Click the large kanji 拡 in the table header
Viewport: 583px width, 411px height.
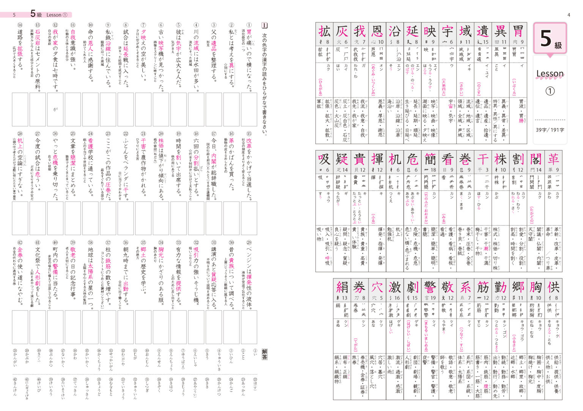pyautogui.click(x=325, y=31)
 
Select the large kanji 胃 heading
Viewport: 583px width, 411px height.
pyautogui.click(x=518, y=31)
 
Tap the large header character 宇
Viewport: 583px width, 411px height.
pyautogui.click(x=447, y=31)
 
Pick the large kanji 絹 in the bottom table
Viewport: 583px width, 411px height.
pyautogui.click(x=342, y=287)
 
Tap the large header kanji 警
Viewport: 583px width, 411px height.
pyautogui.click(x=430, y=287)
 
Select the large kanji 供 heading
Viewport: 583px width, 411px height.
pyautogui.click(x=553, y=287)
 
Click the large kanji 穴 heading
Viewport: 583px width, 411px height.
pyautogui.click(x=377, y=287)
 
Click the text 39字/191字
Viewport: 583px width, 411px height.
pyautogui.click(x=550, y=130)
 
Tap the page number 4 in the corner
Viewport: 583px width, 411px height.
pyautogui.click(x=569, y=15)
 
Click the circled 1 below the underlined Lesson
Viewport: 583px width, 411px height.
pyautogui.click(x=550, y=91)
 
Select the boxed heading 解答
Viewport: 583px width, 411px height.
pyautogui.click(x=265, y=354)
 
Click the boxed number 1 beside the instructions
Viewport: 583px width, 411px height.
pyautogui.click(x=265, y=25)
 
